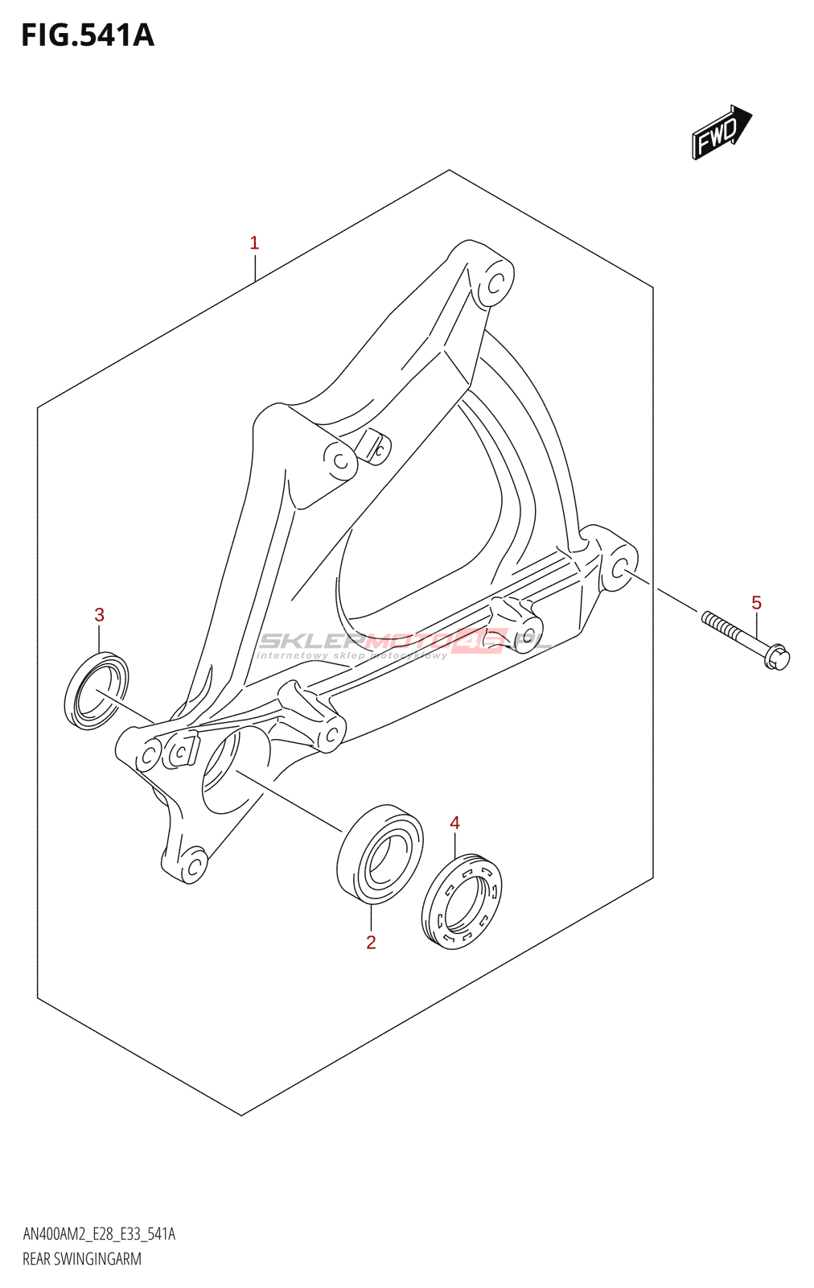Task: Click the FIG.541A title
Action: pos(87,35)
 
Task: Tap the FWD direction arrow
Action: pos(721,131)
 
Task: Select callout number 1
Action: pos(254,243)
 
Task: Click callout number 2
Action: pos(371,943)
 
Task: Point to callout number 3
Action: pos(99,615)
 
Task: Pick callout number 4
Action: pos(454,823)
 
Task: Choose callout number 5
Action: pos(756,603)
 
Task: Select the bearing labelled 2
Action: pos(379,852)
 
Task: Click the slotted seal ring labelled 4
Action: pos(462,898)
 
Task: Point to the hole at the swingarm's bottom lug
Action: pos(193,865)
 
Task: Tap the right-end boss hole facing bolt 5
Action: pos(620,570)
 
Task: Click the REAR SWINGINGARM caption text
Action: pos(82,1259)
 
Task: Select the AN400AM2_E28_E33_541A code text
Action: pos(99,1234)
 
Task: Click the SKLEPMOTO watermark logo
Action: pos(402,643)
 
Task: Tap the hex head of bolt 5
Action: pos(778,657)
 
